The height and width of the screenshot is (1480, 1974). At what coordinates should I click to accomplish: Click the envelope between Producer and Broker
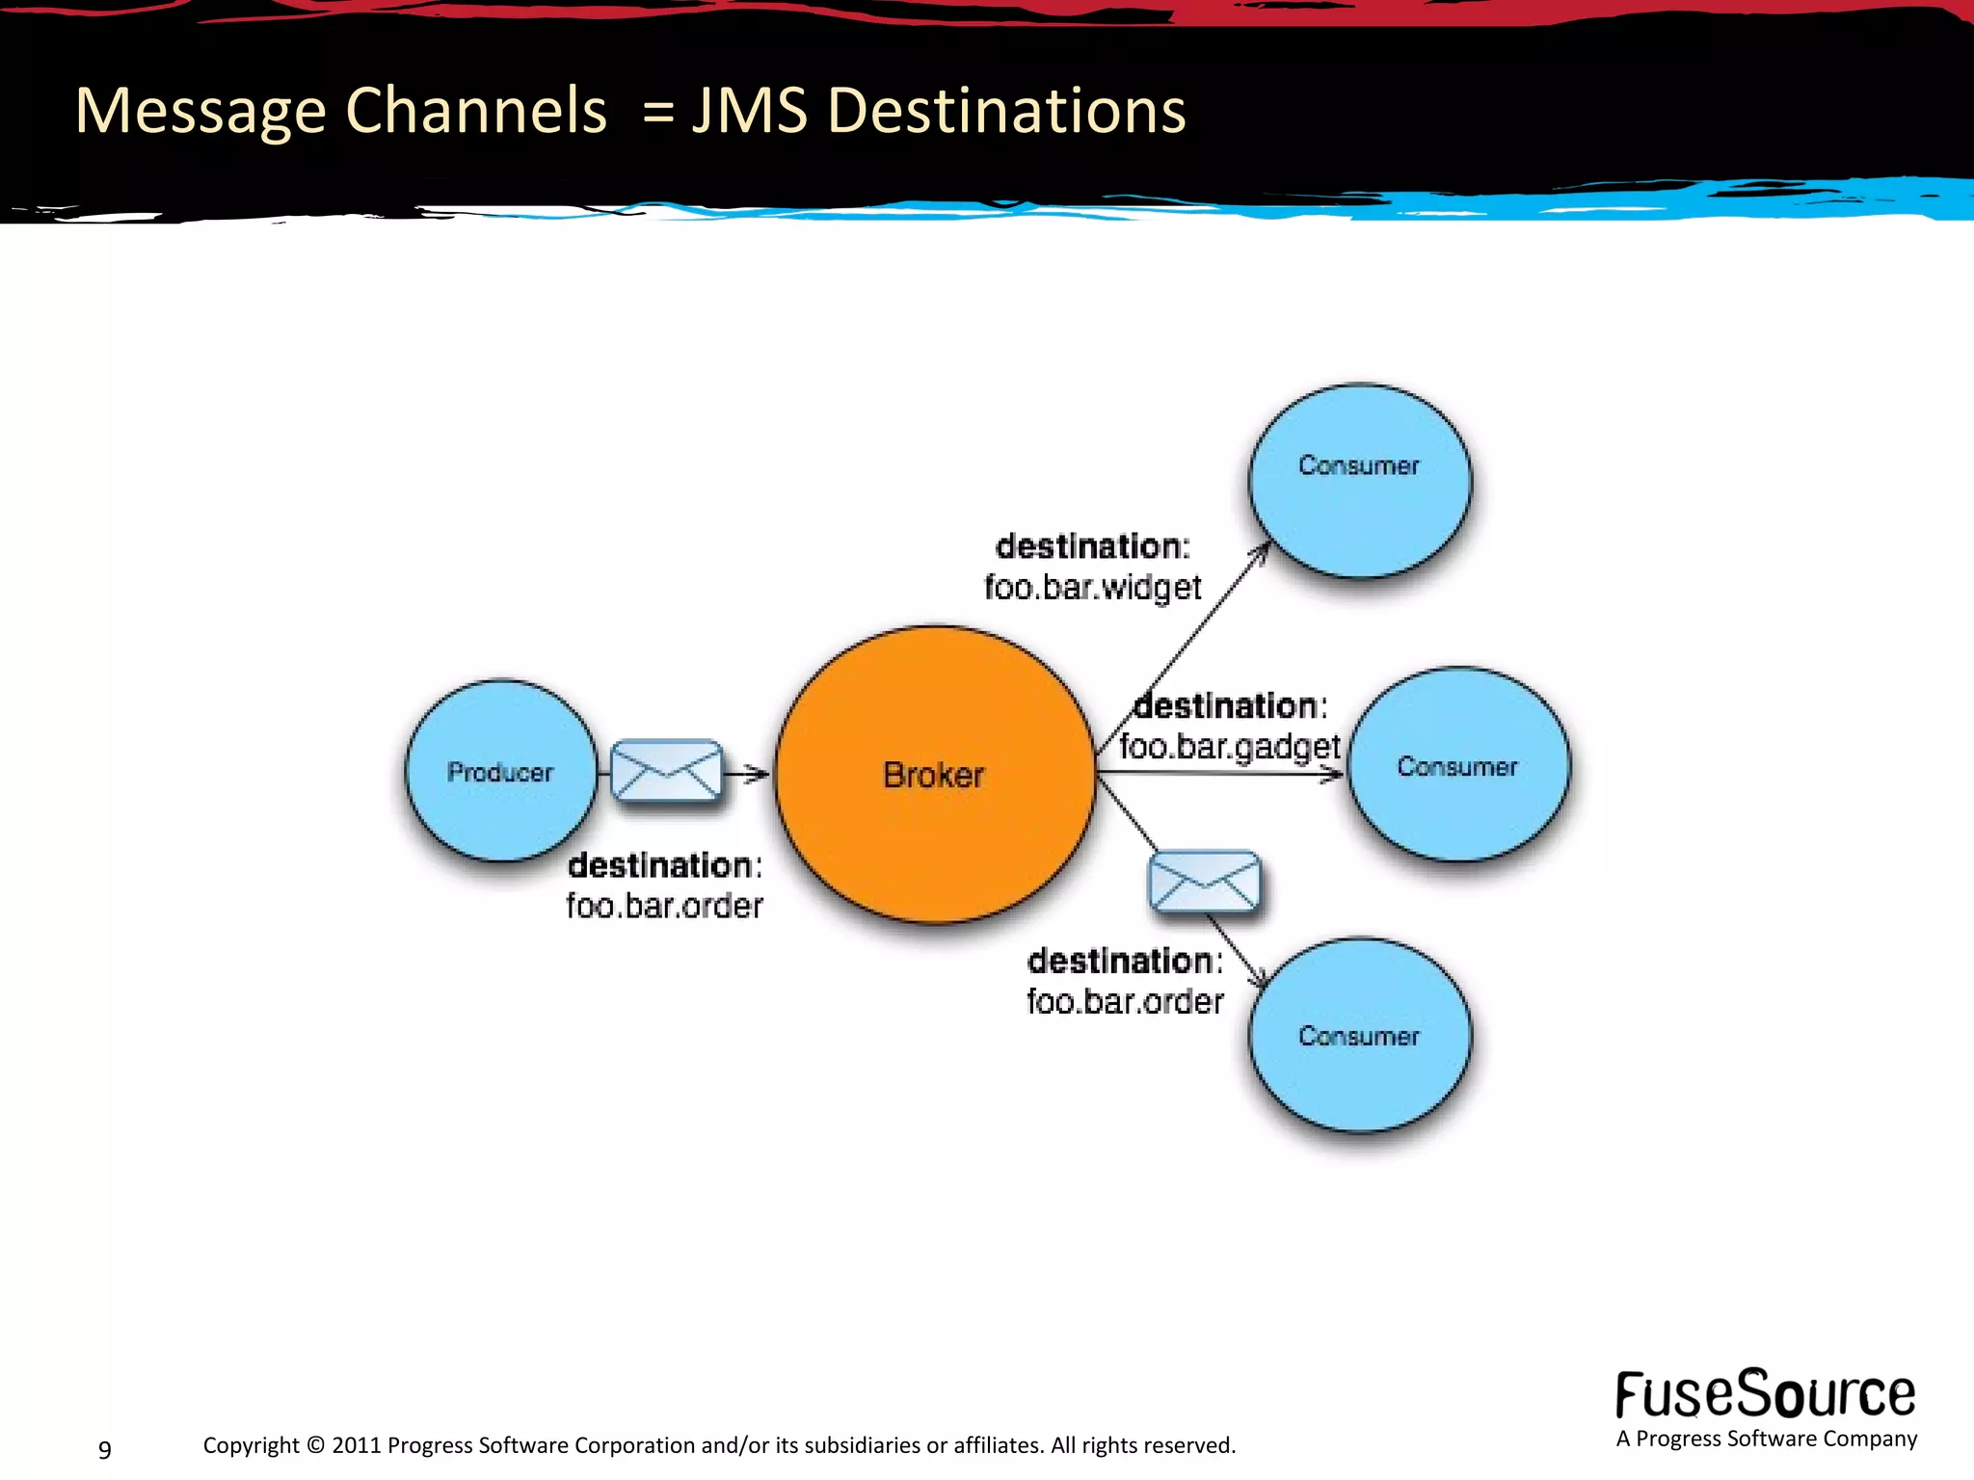pos(666,770)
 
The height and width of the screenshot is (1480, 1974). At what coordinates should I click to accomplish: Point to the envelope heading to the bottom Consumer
pos(1204,881)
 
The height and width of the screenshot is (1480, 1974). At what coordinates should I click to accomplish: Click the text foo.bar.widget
pos(1093,587)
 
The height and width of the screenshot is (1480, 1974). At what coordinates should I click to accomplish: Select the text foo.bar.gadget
pos(1230,747)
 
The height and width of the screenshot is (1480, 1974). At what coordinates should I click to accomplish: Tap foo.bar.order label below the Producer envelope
pos(664,906)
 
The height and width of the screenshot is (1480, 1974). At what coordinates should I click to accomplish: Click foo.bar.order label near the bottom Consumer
pos(1125,1001)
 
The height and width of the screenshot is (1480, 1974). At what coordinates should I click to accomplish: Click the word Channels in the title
pos(476,110)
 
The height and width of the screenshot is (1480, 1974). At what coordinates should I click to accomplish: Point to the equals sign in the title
pos(658,112)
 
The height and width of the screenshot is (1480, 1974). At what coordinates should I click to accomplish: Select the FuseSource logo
pos(1765,1394)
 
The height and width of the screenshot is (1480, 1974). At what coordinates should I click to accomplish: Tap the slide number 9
pos(105,1449)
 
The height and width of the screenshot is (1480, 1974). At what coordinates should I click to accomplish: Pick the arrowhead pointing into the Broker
pos(760,773)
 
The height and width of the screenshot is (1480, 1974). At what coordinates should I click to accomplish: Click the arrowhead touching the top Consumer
pos(1263,550)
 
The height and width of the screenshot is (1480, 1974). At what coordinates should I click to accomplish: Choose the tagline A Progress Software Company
pos(1766,1439)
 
